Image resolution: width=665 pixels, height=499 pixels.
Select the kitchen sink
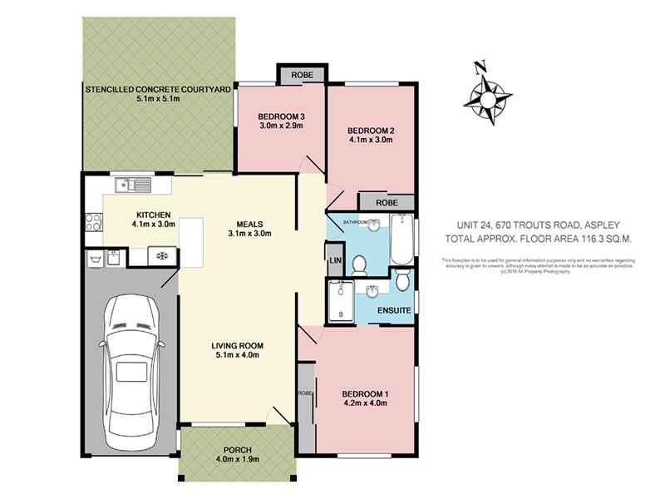pyautogui.click(x=133, y=184)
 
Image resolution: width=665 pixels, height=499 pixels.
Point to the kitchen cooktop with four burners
pyautogui.click(x=93, y=222)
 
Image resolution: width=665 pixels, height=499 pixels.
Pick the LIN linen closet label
pyautogui.click(x=335, y=259)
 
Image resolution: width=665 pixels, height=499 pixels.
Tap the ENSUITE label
pyautogui.click(x=395, y=310)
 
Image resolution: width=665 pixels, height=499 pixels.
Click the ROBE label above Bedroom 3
pyautogui.click(x=302, y=76)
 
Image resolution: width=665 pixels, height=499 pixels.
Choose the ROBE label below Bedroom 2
pyautogui.click(x=386, y=202)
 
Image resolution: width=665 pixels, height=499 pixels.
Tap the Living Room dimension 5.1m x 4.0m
pyautogui.click(x=236, y=355)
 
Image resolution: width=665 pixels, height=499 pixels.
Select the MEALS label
pyautogui.click(x=249, y=223)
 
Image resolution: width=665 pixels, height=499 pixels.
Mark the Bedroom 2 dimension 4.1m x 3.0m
pyautogui.click(x=369, y=141)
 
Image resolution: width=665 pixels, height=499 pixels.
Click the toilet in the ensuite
pyautogui.click(x=401, y=279)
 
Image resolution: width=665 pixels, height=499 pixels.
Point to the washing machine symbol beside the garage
pyautogui.click(x=158, y=256)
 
